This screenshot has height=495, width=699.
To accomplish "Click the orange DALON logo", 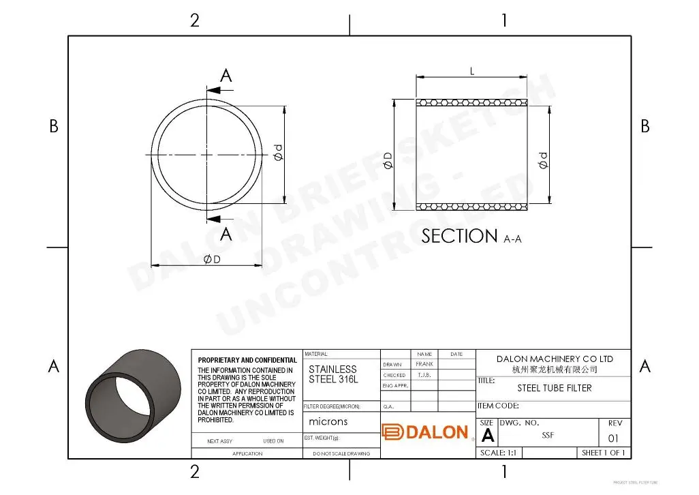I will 425,432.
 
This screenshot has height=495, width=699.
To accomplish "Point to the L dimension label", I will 472,72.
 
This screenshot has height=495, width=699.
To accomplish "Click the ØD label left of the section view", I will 388,160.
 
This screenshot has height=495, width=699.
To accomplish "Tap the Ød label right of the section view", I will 543,160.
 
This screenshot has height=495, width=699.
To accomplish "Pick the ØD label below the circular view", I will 212,260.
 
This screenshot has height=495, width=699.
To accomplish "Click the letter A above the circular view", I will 226,76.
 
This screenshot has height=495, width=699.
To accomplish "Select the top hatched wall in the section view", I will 472,103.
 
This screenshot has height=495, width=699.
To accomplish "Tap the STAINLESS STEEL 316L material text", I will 332,374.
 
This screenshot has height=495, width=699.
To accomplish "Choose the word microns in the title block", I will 328,421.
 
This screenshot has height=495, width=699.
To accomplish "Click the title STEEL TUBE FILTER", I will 554,388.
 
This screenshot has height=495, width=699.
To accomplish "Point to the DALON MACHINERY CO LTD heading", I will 554,359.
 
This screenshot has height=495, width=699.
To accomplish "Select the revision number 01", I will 614,438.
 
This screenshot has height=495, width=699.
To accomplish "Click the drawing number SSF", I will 548,435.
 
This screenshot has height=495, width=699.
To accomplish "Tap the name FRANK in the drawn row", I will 424,364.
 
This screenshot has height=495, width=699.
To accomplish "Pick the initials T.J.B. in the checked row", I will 424,375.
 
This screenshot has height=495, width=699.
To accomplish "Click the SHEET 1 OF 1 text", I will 603,453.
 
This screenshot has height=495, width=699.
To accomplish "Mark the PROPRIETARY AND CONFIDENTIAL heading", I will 247,360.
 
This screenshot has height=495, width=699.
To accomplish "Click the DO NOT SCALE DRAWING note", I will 341,453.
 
